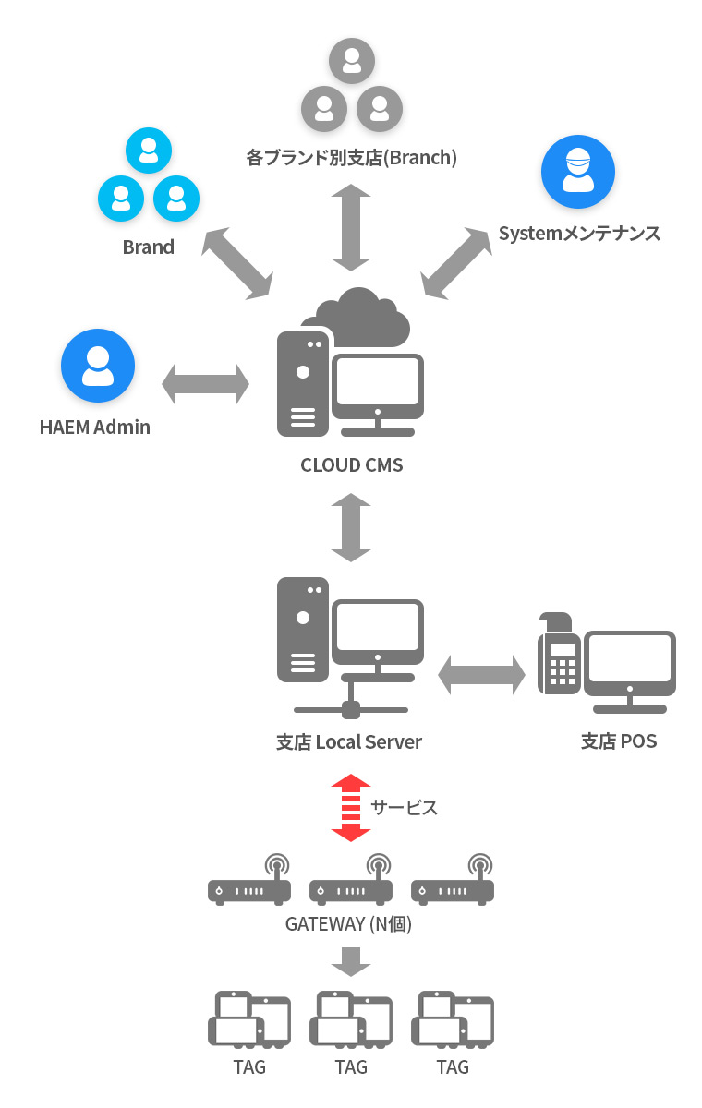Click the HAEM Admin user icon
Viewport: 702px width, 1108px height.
tap(98, 366)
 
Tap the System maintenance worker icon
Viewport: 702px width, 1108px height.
tap(578, 172)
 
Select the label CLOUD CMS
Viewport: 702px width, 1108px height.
tap(352, 465)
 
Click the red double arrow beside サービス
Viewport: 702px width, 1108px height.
tap(351, 808)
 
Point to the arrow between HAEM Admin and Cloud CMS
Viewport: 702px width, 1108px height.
tap(205, 384)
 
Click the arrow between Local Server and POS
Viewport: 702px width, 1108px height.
tap(481, 675)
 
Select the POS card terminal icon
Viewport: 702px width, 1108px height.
tap(559, 653)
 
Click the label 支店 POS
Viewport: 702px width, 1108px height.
tap(619, 741)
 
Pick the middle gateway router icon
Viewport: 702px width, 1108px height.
tap(351, 880)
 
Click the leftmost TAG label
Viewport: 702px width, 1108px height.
tap(249, 1067)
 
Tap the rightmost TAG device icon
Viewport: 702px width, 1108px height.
tap(453, 1019)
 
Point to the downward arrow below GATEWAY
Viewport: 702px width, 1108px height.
tap(351, 961)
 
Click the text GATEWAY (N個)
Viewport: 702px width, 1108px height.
tap(349, 923)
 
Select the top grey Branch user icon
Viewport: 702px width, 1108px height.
tap(352, 61)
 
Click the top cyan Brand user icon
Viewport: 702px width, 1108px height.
tap(149, 151)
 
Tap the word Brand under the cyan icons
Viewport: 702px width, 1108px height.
tap(149, 247)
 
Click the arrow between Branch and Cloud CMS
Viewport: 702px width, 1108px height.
tap(351, 227)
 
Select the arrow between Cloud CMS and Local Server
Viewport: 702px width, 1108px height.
tap(351, 527)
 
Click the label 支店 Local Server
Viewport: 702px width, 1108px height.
tap(349, 742)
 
